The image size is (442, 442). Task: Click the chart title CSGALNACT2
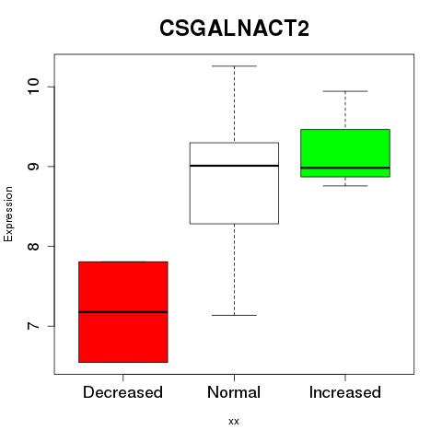234,29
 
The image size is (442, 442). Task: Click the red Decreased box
123,312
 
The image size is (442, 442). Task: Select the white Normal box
234,183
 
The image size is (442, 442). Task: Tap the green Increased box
345,153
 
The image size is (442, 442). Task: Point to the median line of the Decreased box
123,312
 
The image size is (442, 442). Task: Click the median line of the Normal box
234,166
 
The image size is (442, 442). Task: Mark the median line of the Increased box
345,168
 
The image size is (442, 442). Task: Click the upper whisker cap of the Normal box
234,66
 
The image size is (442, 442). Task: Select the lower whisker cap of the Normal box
234,315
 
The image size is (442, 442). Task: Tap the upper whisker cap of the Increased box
345,91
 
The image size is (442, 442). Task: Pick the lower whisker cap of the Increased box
345,186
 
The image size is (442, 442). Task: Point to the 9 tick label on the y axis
33,167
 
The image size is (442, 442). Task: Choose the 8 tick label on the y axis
33,246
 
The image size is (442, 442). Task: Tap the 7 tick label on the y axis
33,326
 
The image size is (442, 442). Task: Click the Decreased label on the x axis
122,392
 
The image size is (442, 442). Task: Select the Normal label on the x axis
234,392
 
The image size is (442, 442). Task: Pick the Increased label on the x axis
345,392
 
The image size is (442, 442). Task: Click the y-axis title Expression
8,214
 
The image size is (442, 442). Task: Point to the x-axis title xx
234,422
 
